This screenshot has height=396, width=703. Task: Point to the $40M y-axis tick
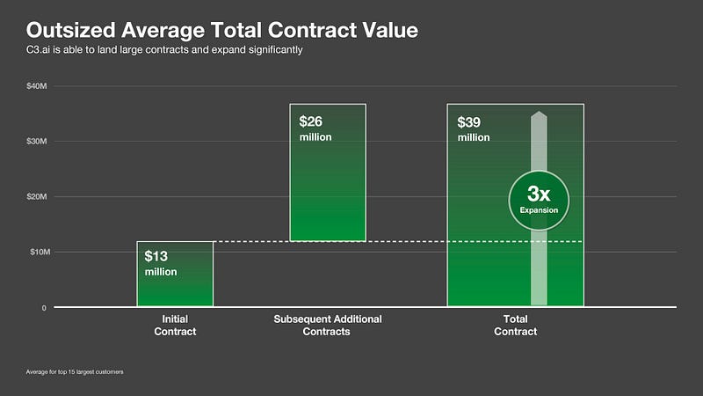click(37, 85)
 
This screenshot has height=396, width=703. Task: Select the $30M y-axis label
click(37, 141)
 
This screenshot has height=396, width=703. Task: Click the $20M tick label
click(37, 196)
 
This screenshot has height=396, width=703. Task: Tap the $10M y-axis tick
click(37, 252)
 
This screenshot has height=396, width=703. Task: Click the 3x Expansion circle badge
click(539, 199)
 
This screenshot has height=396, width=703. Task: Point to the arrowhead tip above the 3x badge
click(539, 114)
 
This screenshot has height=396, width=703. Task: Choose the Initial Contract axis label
click(175, 326)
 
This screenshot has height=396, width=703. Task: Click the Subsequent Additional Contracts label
click(327, 326)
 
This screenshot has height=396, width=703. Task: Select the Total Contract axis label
click(515, 326)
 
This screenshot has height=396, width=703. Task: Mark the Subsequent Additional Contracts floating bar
click(327, 194)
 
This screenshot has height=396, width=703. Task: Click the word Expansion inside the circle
click(539, 211)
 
